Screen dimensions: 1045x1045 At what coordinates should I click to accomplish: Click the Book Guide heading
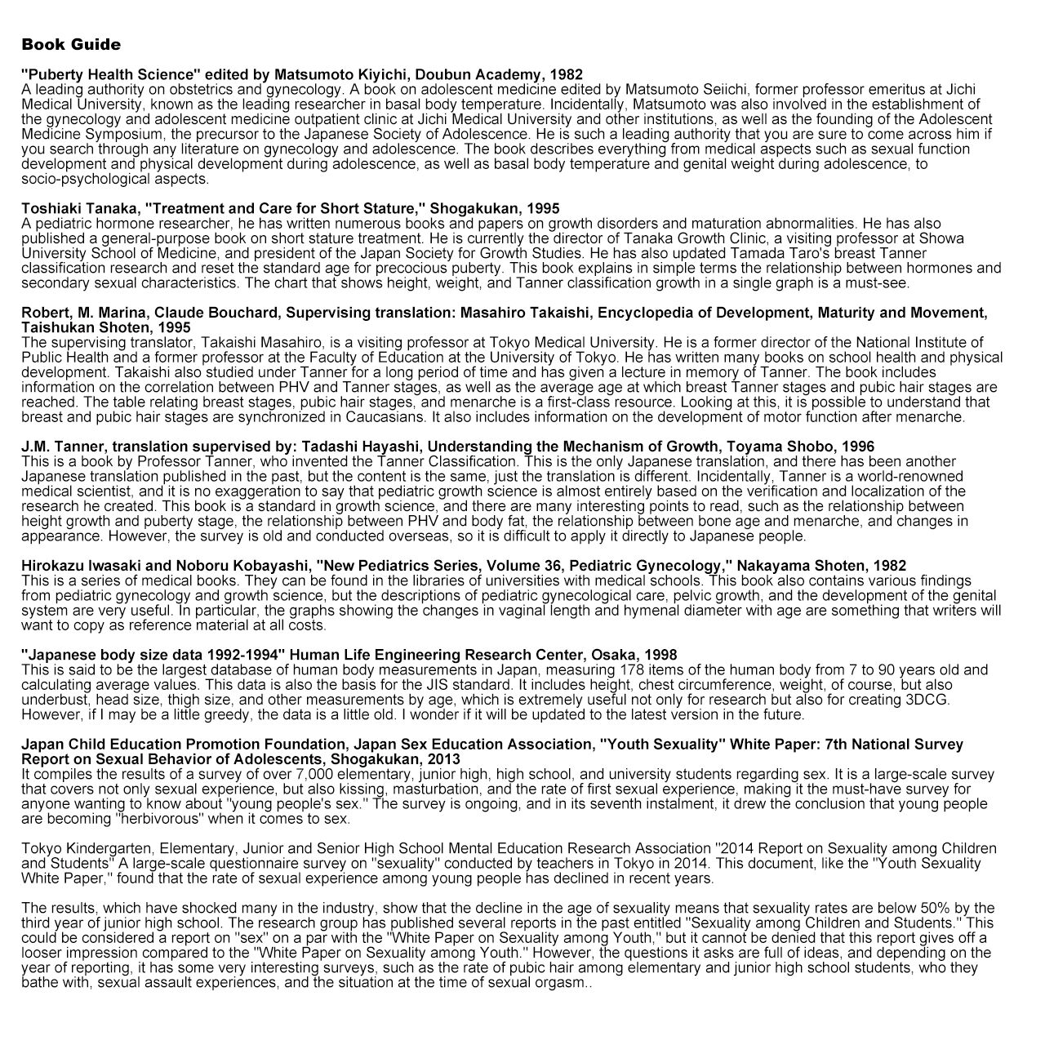(x=71, y=44)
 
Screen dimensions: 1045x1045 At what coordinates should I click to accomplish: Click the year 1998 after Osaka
(x=660, y=655)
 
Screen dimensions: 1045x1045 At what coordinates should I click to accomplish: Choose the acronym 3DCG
(x=928, y=700)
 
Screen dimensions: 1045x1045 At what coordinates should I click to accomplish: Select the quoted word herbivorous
(x=166, y=819)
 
